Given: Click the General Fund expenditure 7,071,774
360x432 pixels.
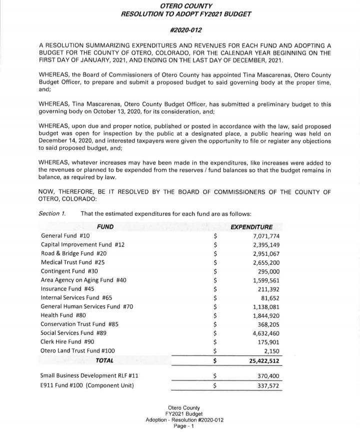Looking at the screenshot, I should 266,236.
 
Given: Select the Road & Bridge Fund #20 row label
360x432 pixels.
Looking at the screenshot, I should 73,254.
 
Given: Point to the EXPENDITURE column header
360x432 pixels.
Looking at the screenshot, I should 251,227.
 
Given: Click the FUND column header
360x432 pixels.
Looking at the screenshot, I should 105,227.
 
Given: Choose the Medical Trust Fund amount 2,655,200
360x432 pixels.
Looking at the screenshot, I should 266,262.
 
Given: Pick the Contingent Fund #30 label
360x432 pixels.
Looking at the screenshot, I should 69,271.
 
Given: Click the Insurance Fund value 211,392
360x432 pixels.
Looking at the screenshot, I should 269,289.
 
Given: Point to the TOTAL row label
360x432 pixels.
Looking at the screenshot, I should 104,360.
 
